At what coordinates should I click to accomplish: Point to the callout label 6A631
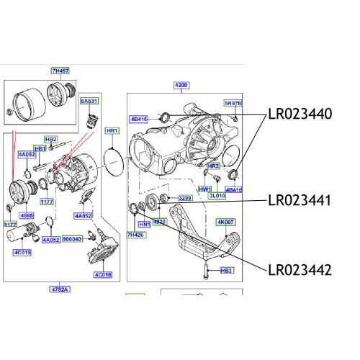[89, 102]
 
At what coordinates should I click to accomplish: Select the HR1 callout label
[112, 131]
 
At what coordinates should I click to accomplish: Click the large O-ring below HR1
[112, 160]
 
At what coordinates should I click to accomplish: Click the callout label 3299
[186, 197]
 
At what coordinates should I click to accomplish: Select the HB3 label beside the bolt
[226, 271]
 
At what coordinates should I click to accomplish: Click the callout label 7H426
[135, 235]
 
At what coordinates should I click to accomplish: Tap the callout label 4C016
[102, 274]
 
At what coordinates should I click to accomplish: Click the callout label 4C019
[22, 253]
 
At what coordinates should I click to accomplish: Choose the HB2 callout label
[51, 139]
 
